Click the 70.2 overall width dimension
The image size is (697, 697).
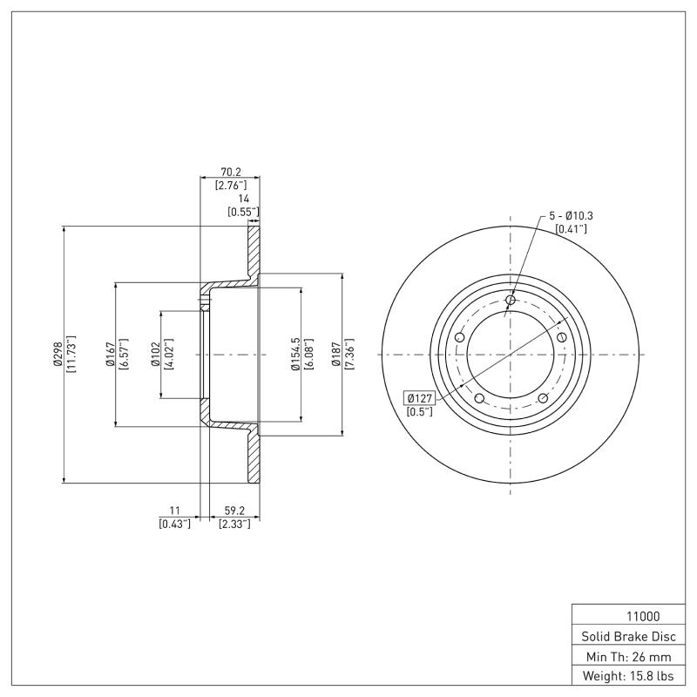point(230,173)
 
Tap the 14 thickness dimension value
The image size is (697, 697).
point(243,200)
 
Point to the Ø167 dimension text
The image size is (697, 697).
point(111,355)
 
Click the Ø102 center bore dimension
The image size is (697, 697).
point(155,355)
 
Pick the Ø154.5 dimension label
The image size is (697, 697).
point(295,355)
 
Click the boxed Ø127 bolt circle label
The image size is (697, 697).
point(419,398)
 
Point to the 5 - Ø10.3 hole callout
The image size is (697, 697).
point(571,215)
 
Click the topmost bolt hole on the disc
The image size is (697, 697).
point(511,301)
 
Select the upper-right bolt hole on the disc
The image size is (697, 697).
point(562,338)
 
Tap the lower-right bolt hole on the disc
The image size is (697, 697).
point(542,398)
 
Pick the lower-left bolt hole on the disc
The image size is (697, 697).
point(479,398)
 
